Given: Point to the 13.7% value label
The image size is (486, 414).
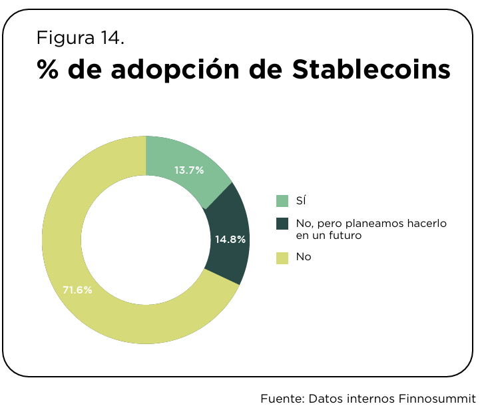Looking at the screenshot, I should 188,170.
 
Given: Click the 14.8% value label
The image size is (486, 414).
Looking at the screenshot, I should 230,239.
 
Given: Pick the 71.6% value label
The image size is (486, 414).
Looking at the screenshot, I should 77,290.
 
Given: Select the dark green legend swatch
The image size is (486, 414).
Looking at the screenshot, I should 282,224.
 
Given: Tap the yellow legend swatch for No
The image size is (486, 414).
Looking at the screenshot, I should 282,257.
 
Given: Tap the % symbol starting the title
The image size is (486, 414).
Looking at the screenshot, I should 47,69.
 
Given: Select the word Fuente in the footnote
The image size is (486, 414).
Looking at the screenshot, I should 282,399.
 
